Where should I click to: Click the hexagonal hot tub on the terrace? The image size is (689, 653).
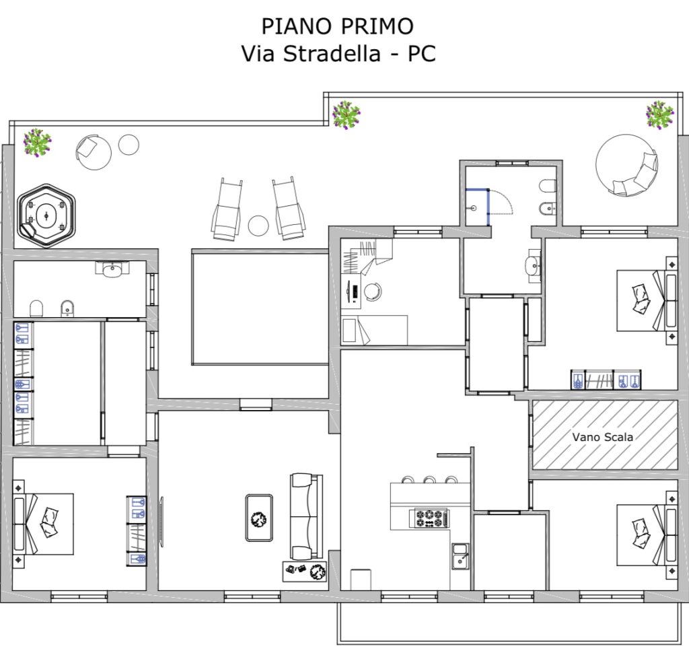46,216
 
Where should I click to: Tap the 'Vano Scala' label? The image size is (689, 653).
602,437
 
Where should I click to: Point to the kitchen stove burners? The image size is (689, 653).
429,518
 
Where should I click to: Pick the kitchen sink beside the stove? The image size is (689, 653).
460,556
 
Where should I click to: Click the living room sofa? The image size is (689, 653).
307,516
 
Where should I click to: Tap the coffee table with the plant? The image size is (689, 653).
259,518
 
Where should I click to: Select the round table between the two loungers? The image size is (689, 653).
258,226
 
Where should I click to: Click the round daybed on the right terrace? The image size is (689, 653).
626,165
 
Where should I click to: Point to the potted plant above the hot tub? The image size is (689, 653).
38,142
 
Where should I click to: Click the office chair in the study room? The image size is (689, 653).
372,291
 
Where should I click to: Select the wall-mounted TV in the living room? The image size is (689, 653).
161,522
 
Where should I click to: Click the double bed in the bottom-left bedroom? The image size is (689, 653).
43,523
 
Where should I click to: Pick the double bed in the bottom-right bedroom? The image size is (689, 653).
647,535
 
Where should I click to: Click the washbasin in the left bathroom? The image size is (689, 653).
113,269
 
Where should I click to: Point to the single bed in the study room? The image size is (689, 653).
374,330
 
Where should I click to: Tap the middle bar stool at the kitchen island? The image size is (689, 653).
429,479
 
